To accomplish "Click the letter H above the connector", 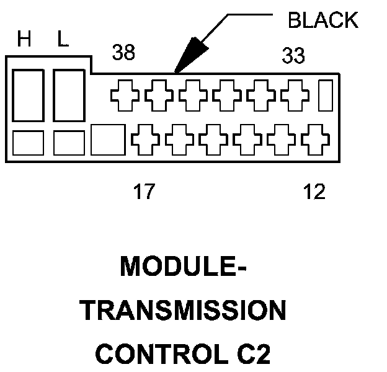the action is click(x=24, y=38).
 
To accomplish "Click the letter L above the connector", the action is click(x=63, y=38).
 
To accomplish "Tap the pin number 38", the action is click(x=123, y=52).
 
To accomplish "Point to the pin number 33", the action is click(x=293, y=56).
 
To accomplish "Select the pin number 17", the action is click(x=144, y=191).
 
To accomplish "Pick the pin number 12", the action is click(x=314, y=191).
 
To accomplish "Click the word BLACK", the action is click(x=323, y=20).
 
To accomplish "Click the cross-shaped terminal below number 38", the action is click(x=125, y=95).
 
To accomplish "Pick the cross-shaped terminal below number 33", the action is click(x=295, y=95).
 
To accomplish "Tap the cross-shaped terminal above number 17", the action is click(x=145, y=140).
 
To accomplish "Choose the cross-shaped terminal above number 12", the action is click(x=315, y=140).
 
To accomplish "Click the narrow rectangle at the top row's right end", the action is click(x=326, y=95).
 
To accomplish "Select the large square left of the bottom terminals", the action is click(x=108, y=140).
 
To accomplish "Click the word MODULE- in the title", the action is click(x=183, y=267).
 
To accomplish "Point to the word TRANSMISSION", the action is click(x=182, y=311).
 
